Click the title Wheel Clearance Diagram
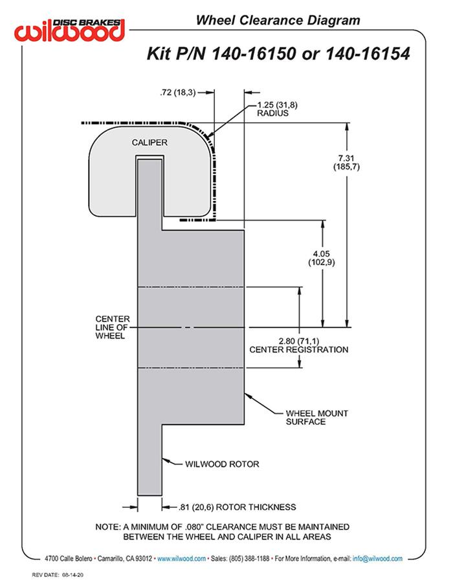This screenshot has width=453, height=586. click(278, 20)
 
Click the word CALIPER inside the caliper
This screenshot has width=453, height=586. click(149, 142)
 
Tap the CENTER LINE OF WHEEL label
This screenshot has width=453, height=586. click(112, 327)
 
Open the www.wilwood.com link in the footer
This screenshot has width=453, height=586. click(182, 558)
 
